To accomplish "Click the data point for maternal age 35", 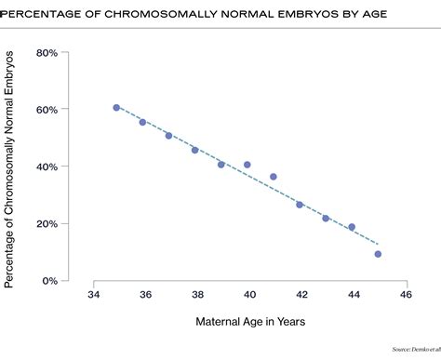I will click(x=116, y=108).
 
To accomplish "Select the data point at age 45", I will click(x=378, y=254).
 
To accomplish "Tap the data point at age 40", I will click(x=247, y=165).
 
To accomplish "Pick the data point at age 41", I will click(x=274, y=177).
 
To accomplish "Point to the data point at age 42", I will click(x=300, y=205).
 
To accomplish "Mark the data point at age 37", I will click(x=168, y=136).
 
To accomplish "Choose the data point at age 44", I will click(x=352, y=227).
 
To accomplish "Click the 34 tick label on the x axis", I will click(x=93, y=295).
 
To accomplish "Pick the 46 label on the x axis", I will click(x=406, y=295).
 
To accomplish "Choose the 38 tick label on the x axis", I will click(x=197, y=295).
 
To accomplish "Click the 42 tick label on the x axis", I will click(x=301, y=295).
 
